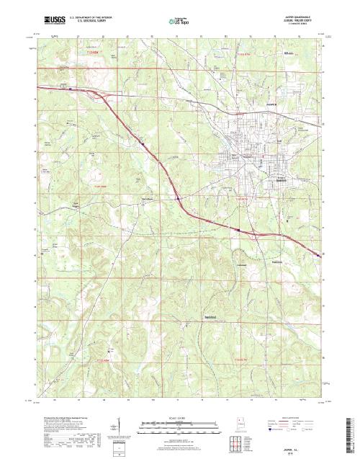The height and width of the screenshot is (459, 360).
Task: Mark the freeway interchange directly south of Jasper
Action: pos(238,229)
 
